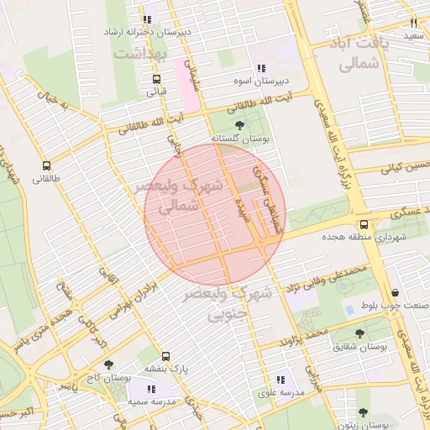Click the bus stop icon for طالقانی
46,165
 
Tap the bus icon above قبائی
156,80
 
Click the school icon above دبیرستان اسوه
261,68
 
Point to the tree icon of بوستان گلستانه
240,125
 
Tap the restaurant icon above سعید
413,24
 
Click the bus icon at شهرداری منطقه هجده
364,224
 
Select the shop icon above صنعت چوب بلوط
394,292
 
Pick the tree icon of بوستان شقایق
359,333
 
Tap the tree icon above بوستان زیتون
363,412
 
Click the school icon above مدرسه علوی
281,380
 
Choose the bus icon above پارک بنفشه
167,355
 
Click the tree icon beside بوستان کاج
85,365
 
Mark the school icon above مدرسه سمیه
151,389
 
